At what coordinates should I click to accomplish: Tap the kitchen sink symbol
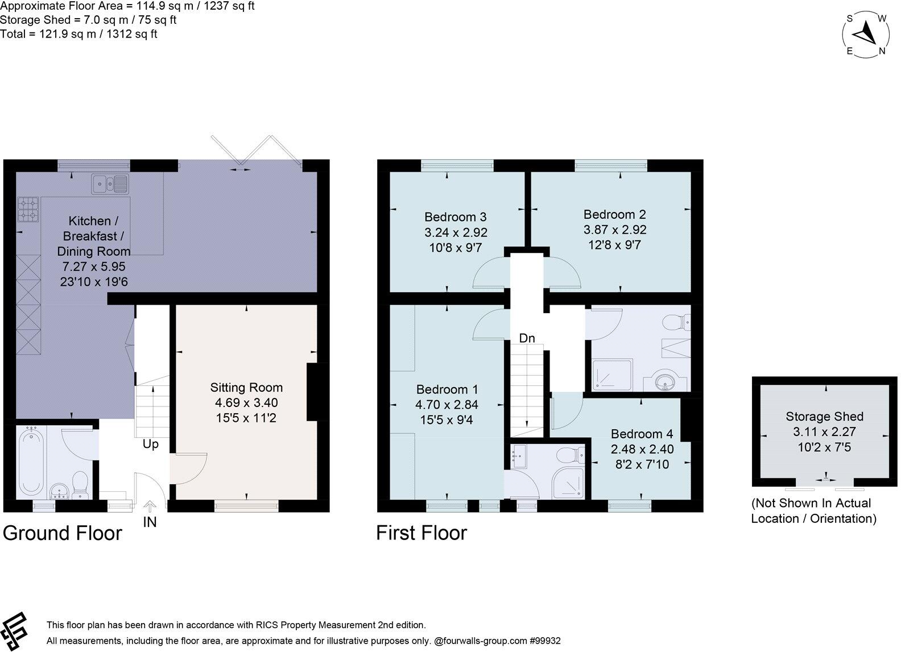point(110,184)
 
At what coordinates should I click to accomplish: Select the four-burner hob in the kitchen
point(29,209)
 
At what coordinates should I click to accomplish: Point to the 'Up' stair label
point(150,444)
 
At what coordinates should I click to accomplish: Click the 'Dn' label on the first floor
point(527,338)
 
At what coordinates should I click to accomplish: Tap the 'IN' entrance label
point(150,521)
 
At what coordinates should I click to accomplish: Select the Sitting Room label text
point(246,388)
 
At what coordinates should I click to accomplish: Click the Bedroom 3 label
point(455,217)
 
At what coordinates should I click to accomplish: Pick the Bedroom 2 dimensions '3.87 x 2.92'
point(615,230)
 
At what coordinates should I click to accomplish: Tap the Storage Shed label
point(824,417)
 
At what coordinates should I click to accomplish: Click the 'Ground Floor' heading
point(63,533)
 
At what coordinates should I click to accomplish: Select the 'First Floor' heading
point(421,533)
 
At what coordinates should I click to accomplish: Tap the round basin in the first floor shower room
point(664,381)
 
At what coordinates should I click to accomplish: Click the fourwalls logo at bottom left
point(14,630)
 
